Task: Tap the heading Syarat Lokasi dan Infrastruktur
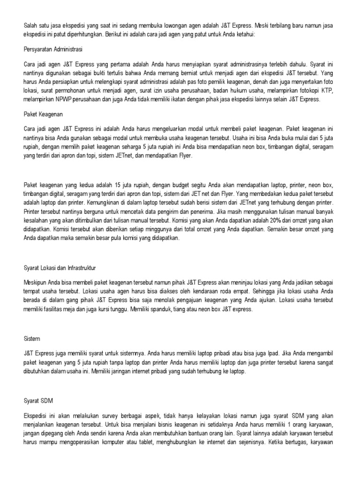pos(60,269)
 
